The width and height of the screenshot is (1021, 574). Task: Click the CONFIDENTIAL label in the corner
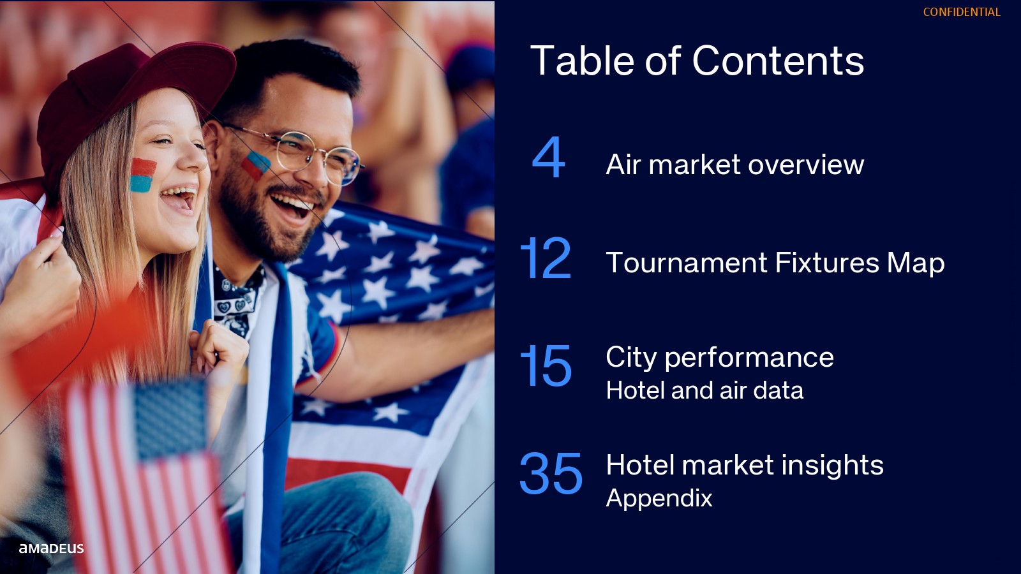[962, 12]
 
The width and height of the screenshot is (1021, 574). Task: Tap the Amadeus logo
[51, 548]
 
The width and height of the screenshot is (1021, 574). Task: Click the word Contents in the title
[778, 61]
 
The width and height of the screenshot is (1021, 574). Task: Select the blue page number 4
[549, 157]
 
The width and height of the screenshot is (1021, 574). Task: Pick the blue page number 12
[546, 258]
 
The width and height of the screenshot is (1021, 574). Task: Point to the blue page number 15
[546, 365]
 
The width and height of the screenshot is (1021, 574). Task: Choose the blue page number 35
[551, 473]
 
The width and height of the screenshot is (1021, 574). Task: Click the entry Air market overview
[734, 165]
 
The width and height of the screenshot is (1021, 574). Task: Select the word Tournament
[687, 263]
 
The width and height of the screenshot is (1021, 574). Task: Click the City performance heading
[720, 358]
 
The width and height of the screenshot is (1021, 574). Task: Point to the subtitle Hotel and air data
[704, 390]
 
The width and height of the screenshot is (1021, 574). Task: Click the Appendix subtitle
[659, 498]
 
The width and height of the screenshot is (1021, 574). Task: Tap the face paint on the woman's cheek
[142, 175]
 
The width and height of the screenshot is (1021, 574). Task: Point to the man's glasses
[301, 155]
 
